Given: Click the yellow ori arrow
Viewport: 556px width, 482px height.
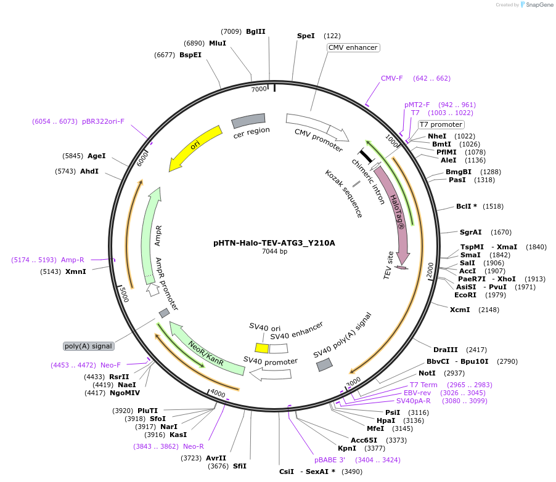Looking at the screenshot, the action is click(x=195, y=147).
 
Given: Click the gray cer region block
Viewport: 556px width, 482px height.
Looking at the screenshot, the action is click(x=248, y=121).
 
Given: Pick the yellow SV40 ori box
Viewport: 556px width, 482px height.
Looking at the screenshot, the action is click(x=262, y=348).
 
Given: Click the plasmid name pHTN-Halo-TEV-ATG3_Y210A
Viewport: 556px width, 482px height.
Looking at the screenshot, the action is click(x=274, y=243).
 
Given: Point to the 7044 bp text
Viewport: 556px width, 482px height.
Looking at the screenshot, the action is click(x=274, y=251).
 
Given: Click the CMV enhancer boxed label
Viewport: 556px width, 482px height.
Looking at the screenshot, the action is click(x=353, y=47).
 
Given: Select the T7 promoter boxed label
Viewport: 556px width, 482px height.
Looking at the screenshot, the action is click(x=441, y=124).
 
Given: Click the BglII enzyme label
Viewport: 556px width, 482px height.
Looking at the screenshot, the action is click(x=255, y=31).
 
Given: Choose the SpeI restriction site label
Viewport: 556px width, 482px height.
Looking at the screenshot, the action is click(x=306, y=36).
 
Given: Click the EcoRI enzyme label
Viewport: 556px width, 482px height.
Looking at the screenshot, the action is click(x=465, y=294).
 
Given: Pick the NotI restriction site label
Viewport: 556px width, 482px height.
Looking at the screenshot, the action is click(x=427, y=373).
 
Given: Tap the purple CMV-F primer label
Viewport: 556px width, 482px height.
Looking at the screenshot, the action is click(x=391, y=78).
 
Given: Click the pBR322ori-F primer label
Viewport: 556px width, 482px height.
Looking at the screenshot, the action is click(x=103, y=121).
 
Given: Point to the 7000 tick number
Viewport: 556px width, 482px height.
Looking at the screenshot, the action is click(x=258, y=89).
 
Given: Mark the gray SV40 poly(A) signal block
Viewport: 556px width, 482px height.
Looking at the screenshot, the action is click(x=325, y=364).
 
